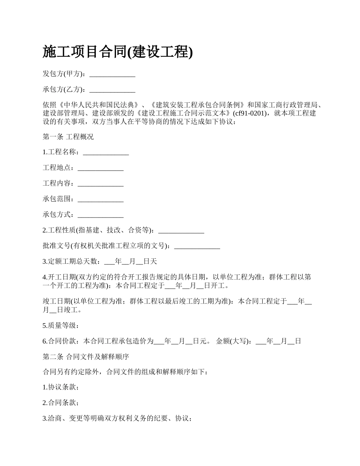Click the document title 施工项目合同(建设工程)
(118, 52)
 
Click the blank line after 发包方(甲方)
(112, 74)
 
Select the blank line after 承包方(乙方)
(112, 90)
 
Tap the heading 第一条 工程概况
(68, 137)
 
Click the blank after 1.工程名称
(106, 152)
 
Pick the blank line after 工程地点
(100, 168)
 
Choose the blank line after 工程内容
(100, 183)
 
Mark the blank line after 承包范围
(100, 199)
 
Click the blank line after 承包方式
(100, 214)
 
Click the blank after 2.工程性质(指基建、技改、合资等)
(181, 230)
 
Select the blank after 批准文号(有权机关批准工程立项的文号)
(197, 246)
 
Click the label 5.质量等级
(61, 325)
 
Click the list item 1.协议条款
(61, 387)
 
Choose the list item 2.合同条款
(61, 403)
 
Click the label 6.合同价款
(61, 341)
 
